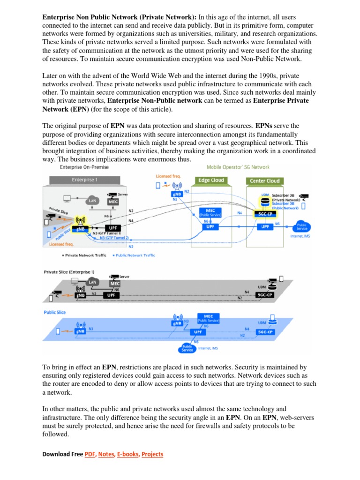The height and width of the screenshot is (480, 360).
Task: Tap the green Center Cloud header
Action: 265,180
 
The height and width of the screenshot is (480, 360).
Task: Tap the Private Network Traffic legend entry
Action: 84,255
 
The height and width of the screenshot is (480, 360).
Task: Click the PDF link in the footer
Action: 90,454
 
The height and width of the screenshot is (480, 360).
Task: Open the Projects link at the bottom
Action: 152,454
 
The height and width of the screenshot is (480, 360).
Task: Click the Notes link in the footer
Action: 106,454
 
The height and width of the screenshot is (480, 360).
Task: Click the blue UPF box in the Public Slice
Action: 198,331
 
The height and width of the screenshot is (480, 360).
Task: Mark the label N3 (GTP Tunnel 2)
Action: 114,238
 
